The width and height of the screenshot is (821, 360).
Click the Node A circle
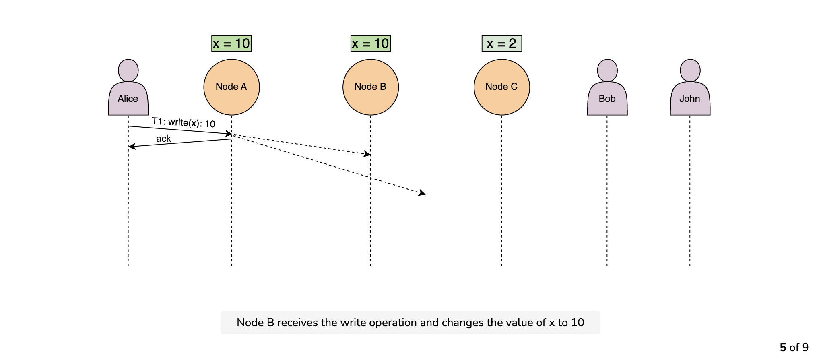tap(231, 87)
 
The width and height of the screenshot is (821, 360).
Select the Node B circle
tap(370, 87)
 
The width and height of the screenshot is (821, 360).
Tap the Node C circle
tap(501, 87)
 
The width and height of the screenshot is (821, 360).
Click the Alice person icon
tap(128, 87)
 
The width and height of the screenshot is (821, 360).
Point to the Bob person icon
tap(607, 87)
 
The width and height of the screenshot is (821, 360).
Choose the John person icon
tap(690, 87)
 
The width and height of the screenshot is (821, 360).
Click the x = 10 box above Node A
tap(231, 43)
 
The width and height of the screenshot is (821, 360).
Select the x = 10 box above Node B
tap(371, 43)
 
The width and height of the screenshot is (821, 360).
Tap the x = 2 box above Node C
tap(502, 43)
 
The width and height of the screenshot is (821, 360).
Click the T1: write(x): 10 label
tap(184, 123)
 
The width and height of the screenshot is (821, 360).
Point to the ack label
tap(163, 139)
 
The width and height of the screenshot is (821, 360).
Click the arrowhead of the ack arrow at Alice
tap(132, 147)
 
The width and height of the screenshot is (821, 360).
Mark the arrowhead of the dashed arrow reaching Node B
tap(367, 153)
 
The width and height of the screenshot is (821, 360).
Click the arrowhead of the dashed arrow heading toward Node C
tap(422, 193)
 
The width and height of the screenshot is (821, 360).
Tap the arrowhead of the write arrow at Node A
tap(229, 133)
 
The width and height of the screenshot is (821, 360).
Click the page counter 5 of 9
tap(794, 348)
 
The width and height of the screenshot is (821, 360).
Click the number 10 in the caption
tap(578, 323)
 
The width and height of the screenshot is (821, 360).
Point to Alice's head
tap(128, 70)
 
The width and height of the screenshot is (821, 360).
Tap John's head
tap(690, 70)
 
